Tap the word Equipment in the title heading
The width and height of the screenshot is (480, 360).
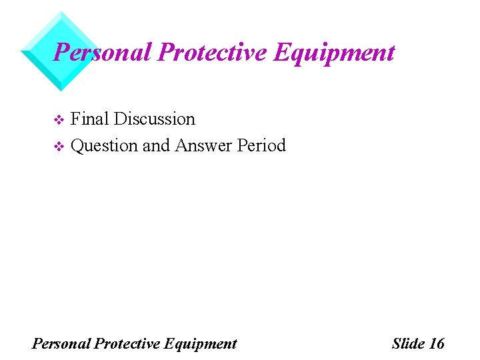[x=333, y=52]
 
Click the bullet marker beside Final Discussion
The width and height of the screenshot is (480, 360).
[x=57, y=120]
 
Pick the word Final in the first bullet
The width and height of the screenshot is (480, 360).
[x=90, y=119]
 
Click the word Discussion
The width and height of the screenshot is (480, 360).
[x=155, y=119]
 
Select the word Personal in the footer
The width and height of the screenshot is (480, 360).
[x=61, y=344]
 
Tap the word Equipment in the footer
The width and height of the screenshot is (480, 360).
[x=199, y=344]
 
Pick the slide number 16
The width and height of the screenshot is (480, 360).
[x=437, y=344]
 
